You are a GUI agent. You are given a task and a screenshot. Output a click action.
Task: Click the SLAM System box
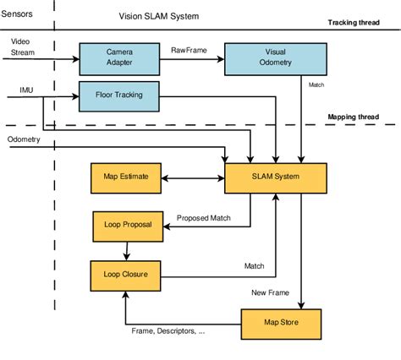click(x=274, y=177)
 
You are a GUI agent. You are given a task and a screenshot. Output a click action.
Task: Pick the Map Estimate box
click(x=125, y=177)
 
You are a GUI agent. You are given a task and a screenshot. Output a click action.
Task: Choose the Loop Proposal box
click(x=125, y=226)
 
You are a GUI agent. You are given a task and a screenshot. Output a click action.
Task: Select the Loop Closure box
click(x=125, y=275)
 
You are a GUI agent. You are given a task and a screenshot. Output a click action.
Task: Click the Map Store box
click(x=282, y=323)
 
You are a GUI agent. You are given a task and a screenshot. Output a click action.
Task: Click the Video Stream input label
click(x=23, y=46)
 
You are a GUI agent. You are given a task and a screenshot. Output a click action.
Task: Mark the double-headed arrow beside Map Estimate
click(x=192, y=177)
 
